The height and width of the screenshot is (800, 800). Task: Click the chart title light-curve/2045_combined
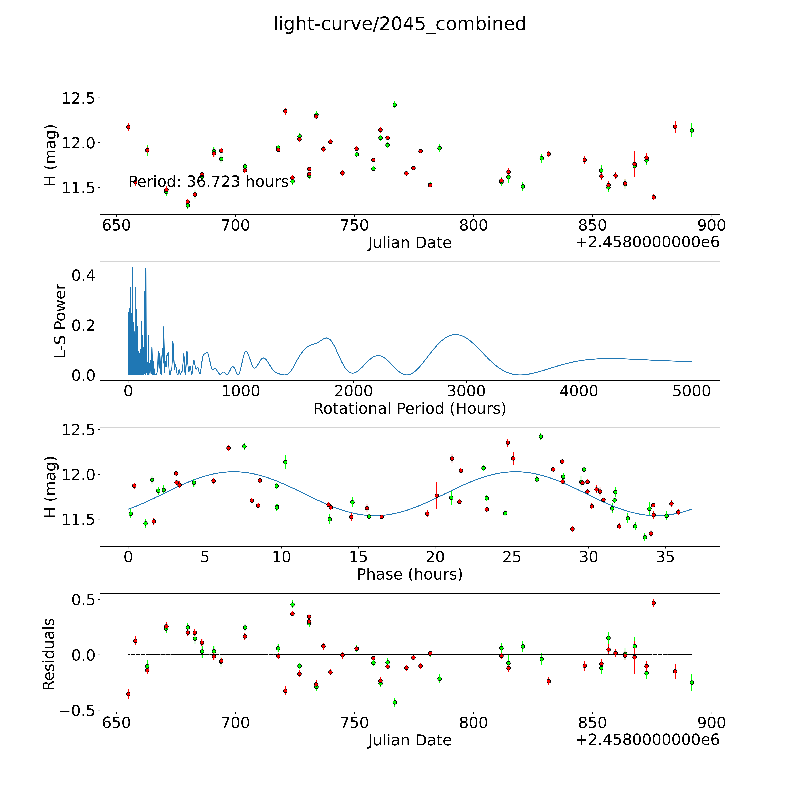click(400, 24)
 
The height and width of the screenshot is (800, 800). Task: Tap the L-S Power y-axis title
click(60, 321)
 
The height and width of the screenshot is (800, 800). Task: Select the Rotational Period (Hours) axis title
click(409, 409)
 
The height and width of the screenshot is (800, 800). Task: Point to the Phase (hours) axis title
click(409, 574)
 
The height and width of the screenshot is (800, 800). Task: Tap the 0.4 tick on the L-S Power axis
click(83, 275)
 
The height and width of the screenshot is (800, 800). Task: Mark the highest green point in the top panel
click(395, 105)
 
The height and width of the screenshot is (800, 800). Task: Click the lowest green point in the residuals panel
click(395, 702)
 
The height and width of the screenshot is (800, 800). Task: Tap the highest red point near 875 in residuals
click(653, 603)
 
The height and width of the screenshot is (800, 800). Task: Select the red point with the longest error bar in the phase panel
click(436, 496)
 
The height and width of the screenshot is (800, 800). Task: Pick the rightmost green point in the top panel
click(692, 130)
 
